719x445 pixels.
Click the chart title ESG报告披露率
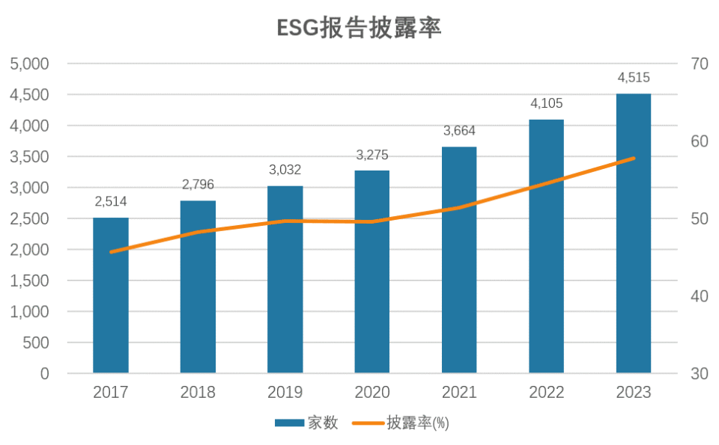pyautogui.click(x=359, y=28)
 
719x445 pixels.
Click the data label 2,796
pyautogui.click(x=198, y=185)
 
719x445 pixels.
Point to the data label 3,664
pyautogui.click(x=459, y=131)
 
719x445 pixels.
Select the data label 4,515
pyautogui.click(x=634, y=78)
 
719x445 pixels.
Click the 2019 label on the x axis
pyautogui.click(x=285, y=393)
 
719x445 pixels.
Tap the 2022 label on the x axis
pyautogui.click(x=546, y=393)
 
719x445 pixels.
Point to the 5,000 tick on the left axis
pyautogui.click(x=30, y=64)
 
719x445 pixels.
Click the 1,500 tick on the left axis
pyautogui.click(x=30, y=281)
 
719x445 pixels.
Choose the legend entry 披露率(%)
pyautogui.click(x=416, y=423)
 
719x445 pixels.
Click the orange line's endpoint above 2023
pyautogui.click(x=634, y=159)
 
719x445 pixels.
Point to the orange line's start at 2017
pyautogui.click(x=111, y=252)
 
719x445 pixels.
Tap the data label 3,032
pyautogui.click(x=285, y=170)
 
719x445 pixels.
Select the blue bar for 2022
pyautogui.click(x=546, y=247)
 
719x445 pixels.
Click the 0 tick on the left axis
pyautogui.click(x=44, y=373)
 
